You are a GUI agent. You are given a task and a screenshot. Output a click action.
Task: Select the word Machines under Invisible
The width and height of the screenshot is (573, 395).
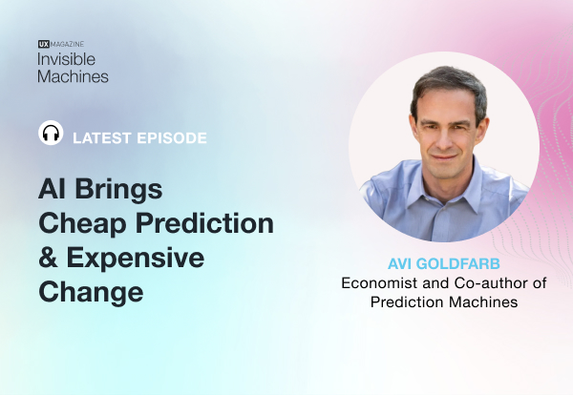pos(74,75)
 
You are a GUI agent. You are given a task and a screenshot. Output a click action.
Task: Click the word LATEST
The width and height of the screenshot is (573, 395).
pos(98,137)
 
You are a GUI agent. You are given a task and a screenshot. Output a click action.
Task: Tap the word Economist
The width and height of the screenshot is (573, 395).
pos(385,282)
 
